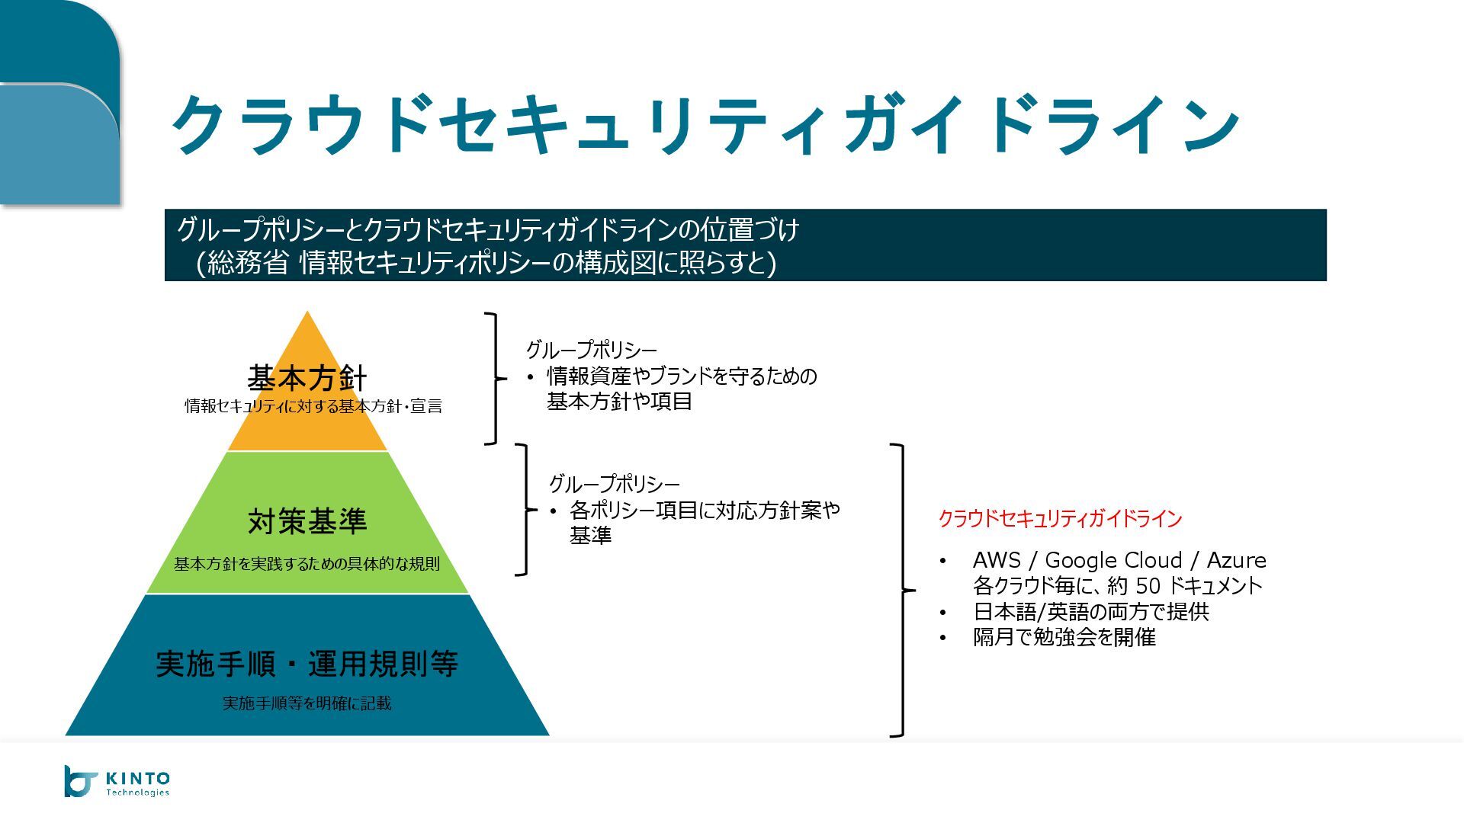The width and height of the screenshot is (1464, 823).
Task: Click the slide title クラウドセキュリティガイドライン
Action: (705, 125)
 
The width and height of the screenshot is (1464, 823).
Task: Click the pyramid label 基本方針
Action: (307, 377)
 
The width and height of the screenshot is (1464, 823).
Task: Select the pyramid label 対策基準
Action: (307, 521)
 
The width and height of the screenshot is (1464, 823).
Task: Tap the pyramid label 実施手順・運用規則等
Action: (307, 664)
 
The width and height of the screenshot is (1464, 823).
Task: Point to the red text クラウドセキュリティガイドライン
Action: (1059, 519)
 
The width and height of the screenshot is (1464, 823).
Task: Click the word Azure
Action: (1236, 561)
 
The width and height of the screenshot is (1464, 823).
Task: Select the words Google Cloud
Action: (1112, 561)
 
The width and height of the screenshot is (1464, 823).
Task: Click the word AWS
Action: (996, 561)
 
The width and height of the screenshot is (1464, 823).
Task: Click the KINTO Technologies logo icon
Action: (80, 782)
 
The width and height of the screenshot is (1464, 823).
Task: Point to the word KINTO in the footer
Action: (137, 778)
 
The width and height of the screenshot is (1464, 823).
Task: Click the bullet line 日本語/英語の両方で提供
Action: (1090, 612)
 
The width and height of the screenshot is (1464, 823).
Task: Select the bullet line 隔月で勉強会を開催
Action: (1064, 637)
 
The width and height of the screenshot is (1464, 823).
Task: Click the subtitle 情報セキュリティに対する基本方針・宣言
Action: (313, 406)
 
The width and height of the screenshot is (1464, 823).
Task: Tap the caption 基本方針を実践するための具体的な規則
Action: (307, 565)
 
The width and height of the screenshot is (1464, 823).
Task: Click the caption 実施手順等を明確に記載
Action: (307, 703)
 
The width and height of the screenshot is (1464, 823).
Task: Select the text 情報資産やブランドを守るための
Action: (682, 376)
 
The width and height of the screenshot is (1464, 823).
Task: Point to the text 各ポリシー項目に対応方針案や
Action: (705, 510)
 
